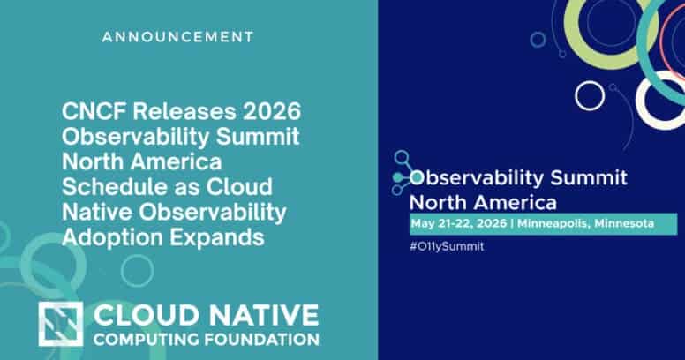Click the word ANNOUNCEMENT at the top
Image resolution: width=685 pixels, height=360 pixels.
(x=177, y=37)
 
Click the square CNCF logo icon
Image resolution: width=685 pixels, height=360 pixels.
(x=61, y=323)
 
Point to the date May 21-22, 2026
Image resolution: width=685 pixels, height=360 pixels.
(x=459, y=224)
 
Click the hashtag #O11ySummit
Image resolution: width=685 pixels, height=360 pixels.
(x=447, y=246)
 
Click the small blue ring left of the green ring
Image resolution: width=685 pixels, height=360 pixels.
(x=537, y=38)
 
